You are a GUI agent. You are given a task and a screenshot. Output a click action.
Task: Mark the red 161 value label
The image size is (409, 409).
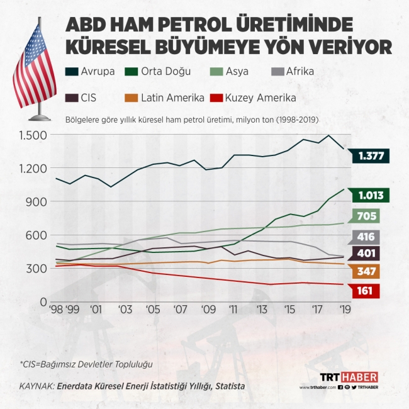(x=365, y=292)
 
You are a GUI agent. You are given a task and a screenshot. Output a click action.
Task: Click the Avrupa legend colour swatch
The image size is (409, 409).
(x=71, y=72)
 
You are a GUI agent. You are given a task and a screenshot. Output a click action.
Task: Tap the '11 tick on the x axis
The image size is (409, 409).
(x=234, y=310)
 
